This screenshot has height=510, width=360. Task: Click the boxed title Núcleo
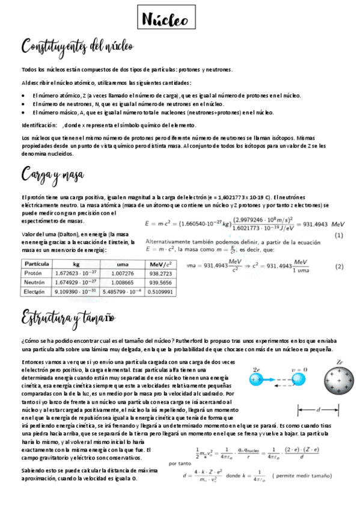tap(165, 20)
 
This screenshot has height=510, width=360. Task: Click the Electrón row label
tap(35, 292)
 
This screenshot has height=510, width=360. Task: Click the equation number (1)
tap(338, 235)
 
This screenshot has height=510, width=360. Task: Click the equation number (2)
tap(339, 266)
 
